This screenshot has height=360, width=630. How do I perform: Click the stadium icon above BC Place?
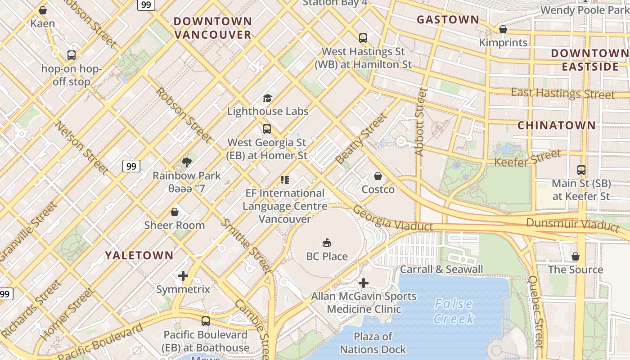pyautogui.click(x=327, y=243)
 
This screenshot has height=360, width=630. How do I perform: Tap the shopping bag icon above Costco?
pyautogui.click(x=378, y=176)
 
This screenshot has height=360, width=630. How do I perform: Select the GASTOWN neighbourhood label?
pyautogui.click(x=448, y=19)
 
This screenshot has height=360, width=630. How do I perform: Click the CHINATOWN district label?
pyautogui.click(x=557, y=125)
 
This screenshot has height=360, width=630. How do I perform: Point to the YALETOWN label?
pyautogui.click(x=139, y=255)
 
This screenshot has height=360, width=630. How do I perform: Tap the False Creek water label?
pyautogui.click(x=454, y=311)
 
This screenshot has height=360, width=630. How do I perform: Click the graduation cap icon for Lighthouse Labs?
pyautogui.click(x=267, y=98)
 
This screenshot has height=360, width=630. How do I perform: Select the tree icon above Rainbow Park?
pyautogui.click(x=186, y=162)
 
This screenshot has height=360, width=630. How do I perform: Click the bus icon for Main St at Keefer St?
pyautogui.click(x=581, y=170)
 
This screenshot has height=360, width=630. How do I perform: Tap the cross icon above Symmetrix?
pyautogui.click(x=183, y=276)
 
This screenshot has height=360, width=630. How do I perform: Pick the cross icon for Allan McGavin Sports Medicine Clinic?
pyautogui.click(x=364, y=283)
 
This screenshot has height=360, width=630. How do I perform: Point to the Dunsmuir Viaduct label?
pyautogui.click(x=572, y=223)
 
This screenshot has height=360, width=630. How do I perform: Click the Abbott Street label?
pyautogui.click(x=420, y=121)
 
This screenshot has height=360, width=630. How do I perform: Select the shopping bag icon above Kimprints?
pyautogui.click(x=503, y=29)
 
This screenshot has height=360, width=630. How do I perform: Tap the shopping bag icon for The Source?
pyautogui.click(x=575, y=256)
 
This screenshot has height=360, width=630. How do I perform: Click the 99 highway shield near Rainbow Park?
pyautogui.click(x=131, y=166)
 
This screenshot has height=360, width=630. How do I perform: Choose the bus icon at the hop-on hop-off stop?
pyautogui.click(x=71, y=55)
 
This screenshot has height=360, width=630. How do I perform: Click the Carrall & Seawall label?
pyautogui.click(x=441, y=270)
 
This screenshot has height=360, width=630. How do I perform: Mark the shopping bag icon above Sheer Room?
pyautogui.click(x=174, y=212)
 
